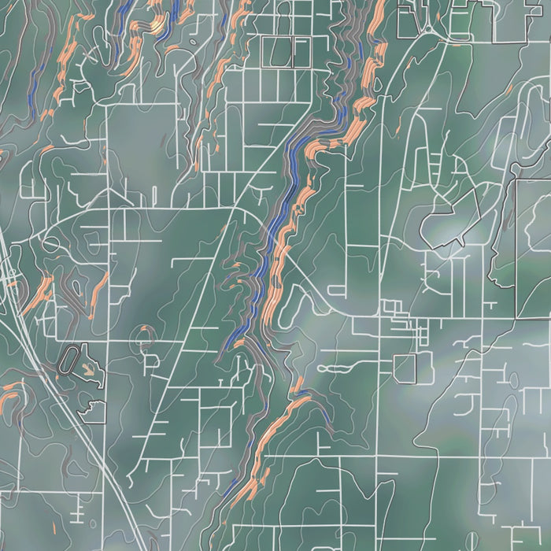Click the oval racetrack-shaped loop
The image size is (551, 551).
(69, 360)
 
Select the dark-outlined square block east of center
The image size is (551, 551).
(405, 368)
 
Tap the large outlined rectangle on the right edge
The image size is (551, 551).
(534, 248)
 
